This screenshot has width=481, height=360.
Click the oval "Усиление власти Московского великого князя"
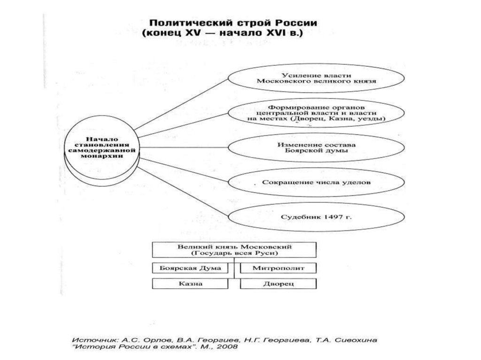pyautogui.click(x=316, y=78)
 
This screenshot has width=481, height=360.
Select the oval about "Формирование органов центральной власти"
pyautogui.click(x=316, y=112)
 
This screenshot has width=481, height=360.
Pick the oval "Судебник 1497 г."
pyautogui.click(x=316, y=217)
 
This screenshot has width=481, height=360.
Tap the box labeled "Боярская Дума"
pyautogui.click(x=193, y=268)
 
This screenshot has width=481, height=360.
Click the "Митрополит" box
pyautogui.click(x=278, y=268)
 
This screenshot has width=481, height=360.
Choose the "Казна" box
pyautogui.click(x=193, y=284)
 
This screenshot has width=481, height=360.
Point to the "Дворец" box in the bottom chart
pyautogui.click(x=278, y=284)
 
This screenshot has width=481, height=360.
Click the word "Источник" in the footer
pyautogui.click(x=89, y=339)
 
